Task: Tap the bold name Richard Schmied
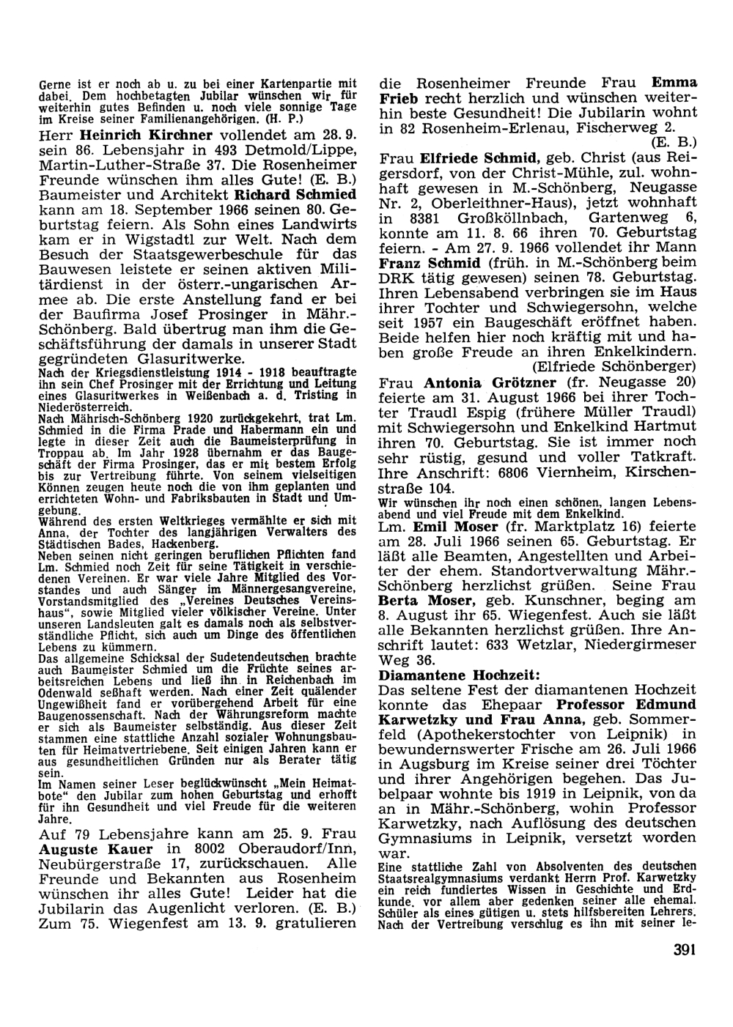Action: [x=296, y=195]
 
